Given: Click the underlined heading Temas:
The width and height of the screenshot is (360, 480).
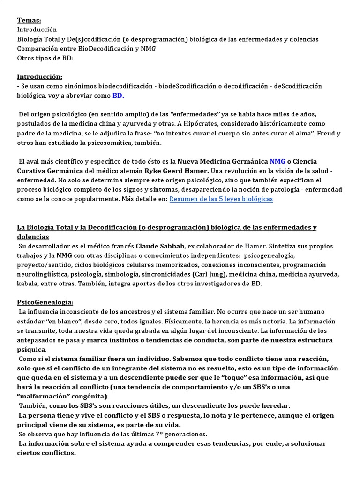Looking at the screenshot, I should point(29,20).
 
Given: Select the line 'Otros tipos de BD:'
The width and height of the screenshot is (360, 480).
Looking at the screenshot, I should point(45,58).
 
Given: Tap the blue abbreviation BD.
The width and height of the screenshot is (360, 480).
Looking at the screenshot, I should point(118,96).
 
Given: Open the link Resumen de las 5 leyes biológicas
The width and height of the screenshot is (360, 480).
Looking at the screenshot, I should point(220,199).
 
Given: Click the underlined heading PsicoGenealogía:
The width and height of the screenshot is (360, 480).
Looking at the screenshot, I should point(45,302).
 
